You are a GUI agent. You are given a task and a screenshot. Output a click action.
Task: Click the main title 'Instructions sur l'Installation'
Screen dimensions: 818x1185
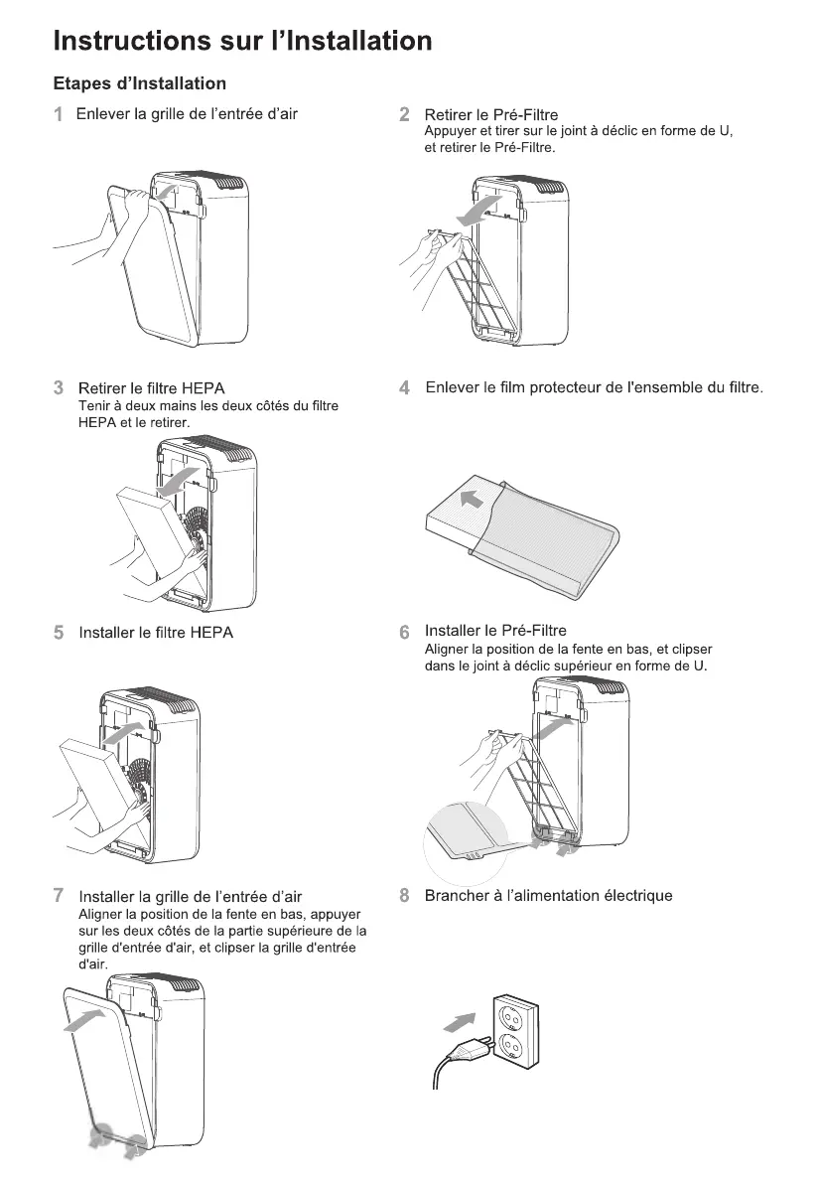(x=243, y=41)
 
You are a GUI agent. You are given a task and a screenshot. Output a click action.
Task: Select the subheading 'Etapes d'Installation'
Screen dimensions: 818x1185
(x=139, y=83)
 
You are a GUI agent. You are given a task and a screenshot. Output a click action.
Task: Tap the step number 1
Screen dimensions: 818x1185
(x=59, y=114)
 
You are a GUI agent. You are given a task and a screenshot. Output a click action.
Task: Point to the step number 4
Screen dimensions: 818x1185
(x=404, y=387)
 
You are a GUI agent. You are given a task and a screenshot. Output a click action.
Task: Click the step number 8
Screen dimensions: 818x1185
(x=404, y=896)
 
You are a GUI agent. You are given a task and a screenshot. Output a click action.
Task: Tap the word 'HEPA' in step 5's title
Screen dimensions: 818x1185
(x=211, y=633)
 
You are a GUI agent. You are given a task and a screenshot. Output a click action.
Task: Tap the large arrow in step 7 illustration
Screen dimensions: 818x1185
(x=85, y=1019)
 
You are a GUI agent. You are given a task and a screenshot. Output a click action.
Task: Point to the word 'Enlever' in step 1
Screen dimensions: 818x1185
(x=103, y=114)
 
